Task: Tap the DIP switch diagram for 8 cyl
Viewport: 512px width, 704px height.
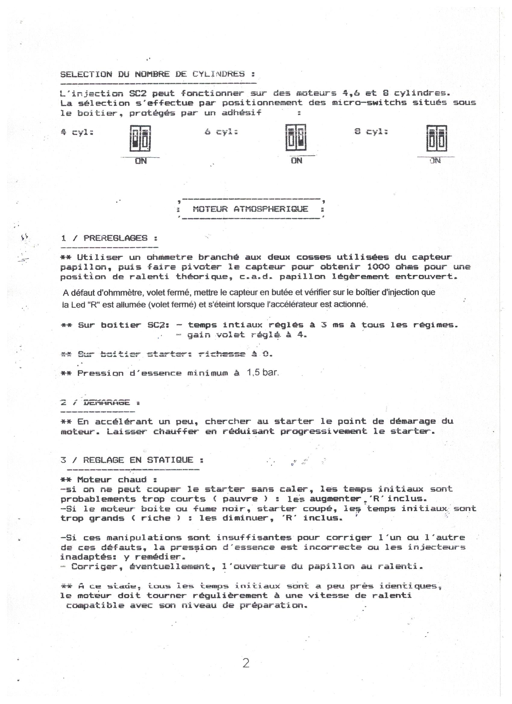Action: click(x=436, y=138)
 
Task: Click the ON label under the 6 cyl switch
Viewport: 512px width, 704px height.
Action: click(x=296, y=160)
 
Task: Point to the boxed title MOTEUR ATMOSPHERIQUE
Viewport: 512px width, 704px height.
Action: click(x=250, y=209)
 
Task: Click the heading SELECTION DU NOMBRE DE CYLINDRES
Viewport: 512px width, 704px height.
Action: click(x=158, y=74)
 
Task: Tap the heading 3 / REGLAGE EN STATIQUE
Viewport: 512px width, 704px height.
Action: click(x=132, y=460)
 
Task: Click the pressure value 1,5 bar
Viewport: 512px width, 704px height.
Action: click(x=263, y=372)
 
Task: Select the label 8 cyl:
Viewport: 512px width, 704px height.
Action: click(x=371, y=132)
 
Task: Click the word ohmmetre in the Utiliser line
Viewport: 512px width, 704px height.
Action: click(x=169, y=257)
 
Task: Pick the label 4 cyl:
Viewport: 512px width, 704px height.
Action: click(x=77, y=132)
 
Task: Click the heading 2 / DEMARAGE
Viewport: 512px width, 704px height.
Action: click(x=100, y=403)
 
